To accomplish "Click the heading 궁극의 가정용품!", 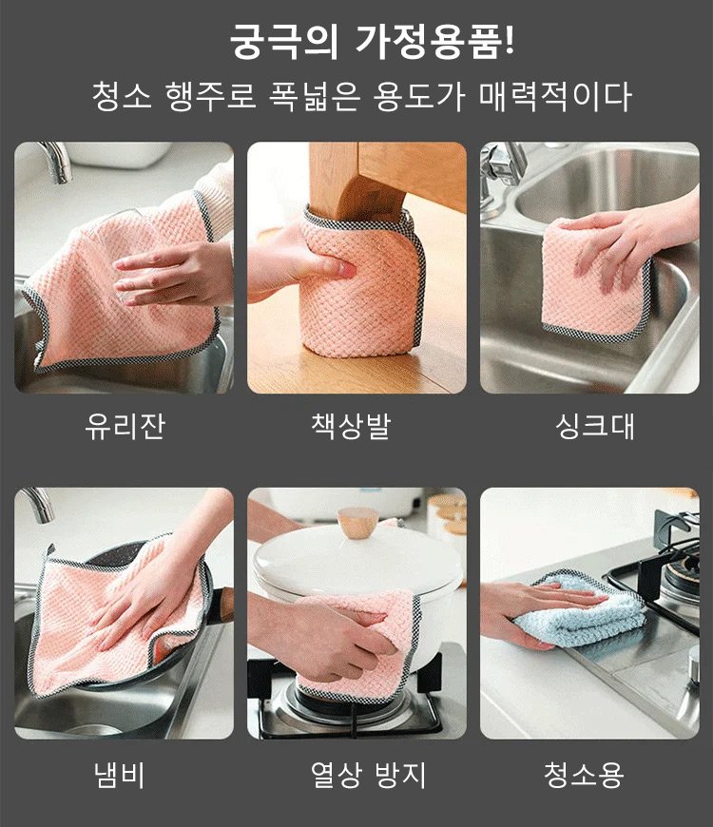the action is [372, 41].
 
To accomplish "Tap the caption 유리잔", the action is [125, 426].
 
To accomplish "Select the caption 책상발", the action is [351, 426].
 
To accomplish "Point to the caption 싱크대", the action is [595, 426].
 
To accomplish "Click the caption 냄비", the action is [119, 775].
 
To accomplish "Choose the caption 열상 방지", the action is [368, 775].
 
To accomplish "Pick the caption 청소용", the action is [584, 775].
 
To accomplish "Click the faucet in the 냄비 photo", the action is [38, 504].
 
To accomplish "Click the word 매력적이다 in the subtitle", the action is [555, 97].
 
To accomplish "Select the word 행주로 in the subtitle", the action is [210, 97].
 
